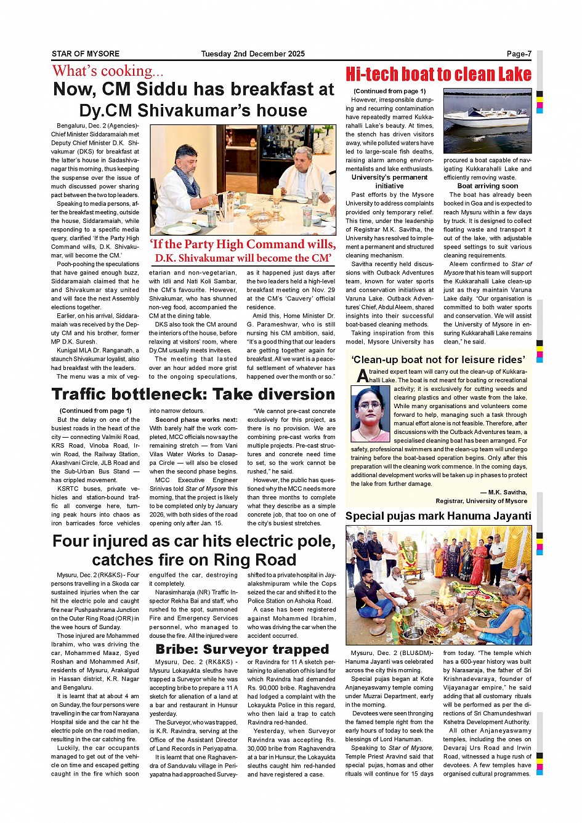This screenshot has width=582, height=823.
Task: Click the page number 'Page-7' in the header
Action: click(x=519, y=54)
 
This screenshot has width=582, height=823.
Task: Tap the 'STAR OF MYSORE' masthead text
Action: click(x=86, y=54)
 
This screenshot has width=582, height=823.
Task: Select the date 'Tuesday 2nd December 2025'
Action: click(x=253, y=54)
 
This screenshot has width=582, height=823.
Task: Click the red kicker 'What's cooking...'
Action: click(x=108, y=71)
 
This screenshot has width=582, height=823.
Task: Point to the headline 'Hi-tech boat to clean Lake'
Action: click(x=438, y=74)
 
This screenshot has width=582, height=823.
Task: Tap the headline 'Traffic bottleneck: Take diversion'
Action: click(x=193, y=395)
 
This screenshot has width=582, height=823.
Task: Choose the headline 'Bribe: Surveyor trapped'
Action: click(x=242, y=649)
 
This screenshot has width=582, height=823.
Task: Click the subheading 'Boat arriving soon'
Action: click(x=487, y=186)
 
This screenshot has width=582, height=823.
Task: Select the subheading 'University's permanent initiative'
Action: click(x=389, y=182)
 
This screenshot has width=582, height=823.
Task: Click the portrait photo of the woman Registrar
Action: click(x=370, y=414)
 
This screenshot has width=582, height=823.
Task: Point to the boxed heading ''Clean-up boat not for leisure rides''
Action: click(x=438, y=359)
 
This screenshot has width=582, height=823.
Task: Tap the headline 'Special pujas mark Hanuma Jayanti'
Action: click(x=438, y=516)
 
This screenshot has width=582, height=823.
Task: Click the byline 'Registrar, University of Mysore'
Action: click(x=481, y=501)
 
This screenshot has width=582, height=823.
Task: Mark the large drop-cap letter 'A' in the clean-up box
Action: click(x=363, y=375)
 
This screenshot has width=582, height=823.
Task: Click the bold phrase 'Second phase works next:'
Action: click(x=196, y=420)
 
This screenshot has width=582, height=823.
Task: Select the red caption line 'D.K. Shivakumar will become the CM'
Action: click(x=243, y=259)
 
